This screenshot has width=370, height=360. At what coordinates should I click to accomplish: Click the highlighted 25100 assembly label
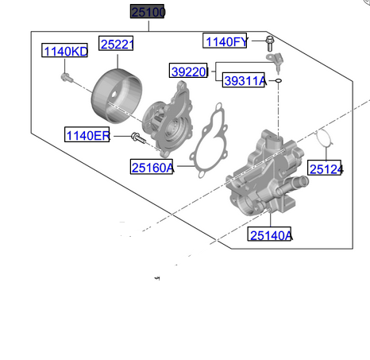pos(147,11)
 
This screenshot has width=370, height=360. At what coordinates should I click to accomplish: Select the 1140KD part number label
pos(64,50)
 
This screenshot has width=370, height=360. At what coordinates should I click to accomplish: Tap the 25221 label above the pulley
pos(116,44)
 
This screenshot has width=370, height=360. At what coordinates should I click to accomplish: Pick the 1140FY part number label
pos(225,41)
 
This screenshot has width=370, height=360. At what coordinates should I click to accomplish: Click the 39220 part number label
pos(188,71)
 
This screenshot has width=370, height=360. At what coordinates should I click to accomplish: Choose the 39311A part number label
pos(244,80)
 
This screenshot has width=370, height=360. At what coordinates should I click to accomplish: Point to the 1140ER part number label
pos(87,134)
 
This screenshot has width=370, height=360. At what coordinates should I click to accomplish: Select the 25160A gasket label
pos(152,167)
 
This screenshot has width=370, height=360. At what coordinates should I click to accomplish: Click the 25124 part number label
pos(325,168)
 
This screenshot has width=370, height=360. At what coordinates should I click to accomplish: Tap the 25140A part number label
pos(269,234)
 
